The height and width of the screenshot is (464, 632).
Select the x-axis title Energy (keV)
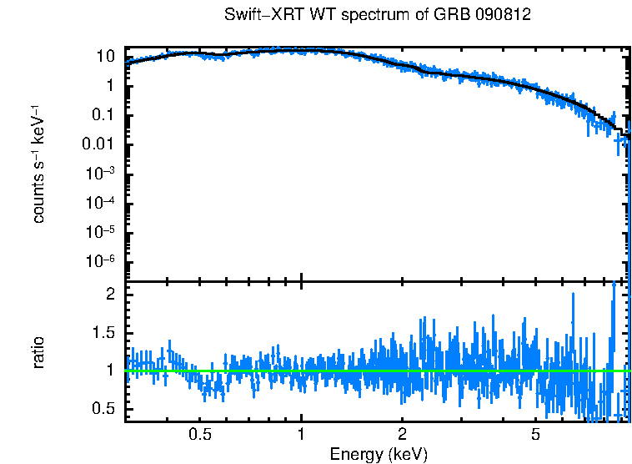pyautogui.click(x=378, y=454)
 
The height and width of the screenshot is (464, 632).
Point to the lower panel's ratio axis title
pyautogui.click(x=38, y=352)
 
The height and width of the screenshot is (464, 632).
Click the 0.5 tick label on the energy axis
pyautogui.click(x=199, y=434)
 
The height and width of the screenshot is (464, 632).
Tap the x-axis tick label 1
pyautogui.click(x=301, y=434)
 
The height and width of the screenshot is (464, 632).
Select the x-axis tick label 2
pyautogui.click(x=402, y=434)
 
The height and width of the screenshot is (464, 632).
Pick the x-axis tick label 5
pyautogui.click(x=535, y=434)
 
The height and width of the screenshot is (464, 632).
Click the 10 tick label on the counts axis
pyautogui.click(x=105, y=57)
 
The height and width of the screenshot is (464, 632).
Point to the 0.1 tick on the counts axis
pyautogui.click(x=103, y=115)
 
